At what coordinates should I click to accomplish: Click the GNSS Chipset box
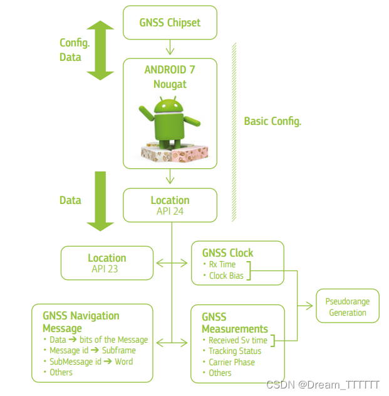(x=170, y=22)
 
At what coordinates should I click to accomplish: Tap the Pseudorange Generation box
(x=348, y=306)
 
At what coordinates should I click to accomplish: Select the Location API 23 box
(x=106, y=263)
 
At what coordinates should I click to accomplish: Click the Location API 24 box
(x=170, y=205)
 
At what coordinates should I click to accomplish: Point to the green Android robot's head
(x=167, y=107)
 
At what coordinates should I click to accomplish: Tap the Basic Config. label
(x=272, y=121)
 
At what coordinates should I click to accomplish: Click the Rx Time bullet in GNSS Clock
(x=222, y=264)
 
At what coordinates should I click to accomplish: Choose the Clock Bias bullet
(x=226, y=276)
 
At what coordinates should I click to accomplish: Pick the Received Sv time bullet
(x=237, y=340)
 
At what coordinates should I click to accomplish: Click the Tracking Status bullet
(x=234, y=351)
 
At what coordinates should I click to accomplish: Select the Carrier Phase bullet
(x=232, y=362)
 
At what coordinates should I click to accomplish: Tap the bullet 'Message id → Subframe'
(x=92, y=351)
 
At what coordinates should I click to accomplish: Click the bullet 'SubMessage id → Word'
(x=91, y=361)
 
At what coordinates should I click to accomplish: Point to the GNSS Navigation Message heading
(x=81, y=322)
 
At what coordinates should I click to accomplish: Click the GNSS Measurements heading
(x=234, y=323)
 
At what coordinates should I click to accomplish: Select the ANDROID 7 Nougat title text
(x=170, y=77)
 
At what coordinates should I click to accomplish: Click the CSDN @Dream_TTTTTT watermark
(x=323, y=384)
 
